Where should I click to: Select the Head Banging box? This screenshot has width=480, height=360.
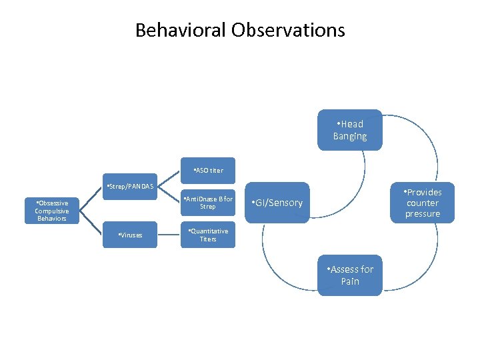click(x=350, y=130)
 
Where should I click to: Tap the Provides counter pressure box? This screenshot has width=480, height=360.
click(x=423, y=203)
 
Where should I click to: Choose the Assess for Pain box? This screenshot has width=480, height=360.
click(x=350, y=275)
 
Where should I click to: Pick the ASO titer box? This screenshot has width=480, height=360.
click(x=208, y=171)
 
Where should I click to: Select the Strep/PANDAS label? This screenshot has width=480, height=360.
click(x=131, y=186)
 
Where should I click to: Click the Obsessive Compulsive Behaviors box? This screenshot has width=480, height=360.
click(x=52, y=210)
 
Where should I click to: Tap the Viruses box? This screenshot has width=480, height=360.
click(x=131, y=235)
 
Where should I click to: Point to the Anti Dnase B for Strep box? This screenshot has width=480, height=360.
click(x=208, y=203)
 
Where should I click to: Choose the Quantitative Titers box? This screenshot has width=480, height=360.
click(x=208, y=235)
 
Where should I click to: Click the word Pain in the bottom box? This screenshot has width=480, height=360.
click(x=350, y=281)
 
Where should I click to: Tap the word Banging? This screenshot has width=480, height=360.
click(x=350, y=137)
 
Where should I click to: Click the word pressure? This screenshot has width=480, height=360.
click(x=423, y=213)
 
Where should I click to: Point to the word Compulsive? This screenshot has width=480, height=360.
click(x=52, y=211)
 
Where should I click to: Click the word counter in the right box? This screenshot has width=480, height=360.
click(x=423, y=203)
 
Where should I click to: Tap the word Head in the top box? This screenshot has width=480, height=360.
click(x=353, y=124)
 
